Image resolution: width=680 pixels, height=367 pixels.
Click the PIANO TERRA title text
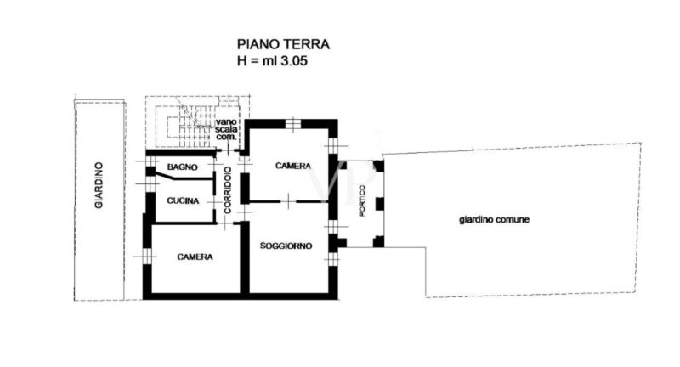click(283, 44)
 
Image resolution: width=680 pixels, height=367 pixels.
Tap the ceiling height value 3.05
click(294, 60)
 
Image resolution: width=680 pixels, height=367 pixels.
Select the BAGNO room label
click(183, 167)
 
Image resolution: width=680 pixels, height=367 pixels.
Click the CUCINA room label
click(183, 200)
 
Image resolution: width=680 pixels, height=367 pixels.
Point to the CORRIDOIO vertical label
click(228, 189)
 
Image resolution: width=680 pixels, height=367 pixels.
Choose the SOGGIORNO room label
click(286, 246)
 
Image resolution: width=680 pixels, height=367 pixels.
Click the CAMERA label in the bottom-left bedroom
click(195, 257)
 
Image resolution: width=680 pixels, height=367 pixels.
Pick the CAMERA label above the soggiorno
click(293, 166)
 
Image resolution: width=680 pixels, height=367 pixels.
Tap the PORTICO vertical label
click(363, 200)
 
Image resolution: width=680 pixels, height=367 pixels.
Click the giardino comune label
click(494, 220)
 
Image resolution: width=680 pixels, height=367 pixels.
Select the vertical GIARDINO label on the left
click(99, 185)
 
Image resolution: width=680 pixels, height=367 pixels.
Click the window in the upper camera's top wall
click(293, 123)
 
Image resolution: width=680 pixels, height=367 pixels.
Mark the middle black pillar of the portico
click(379, 204)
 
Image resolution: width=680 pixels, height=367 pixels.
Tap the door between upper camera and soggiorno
click(288, 201)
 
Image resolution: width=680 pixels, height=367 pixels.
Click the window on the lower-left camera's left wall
click(148, 257)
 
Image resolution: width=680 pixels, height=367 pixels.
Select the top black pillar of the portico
click(378, 166)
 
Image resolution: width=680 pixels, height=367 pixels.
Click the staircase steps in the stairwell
click(190, 127)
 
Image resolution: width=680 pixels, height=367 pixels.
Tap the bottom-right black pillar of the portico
click(378, 241)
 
